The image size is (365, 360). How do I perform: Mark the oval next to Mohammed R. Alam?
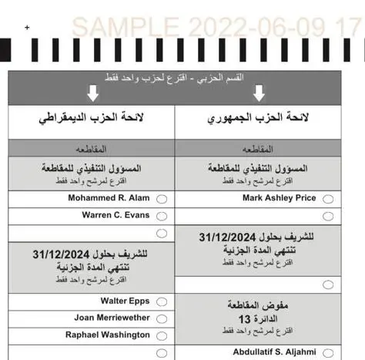[x=161, y=199]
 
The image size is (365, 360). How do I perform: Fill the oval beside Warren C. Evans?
[x=161, y=216]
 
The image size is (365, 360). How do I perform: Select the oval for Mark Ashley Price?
[x=328, y=199]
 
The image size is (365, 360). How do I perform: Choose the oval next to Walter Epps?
[x=161, y=301]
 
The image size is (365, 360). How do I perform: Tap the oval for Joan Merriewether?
[x=161, y=318]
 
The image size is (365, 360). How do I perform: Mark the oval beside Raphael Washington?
[x=161, y=336]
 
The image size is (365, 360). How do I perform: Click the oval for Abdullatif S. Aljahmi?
[x=328, y=353]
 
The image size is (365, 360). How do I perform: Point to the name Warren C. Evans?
[x=116, y=214]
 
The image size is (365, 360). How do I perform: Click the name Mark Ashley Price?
[x=279, y=197]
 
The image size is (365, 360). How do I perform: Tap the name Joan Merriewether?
[x=112, y=317]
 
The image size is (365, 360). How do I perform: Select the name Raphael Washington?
[x=107, y=335]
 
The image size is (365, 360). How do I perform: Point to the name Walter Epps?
[x=125, y=300]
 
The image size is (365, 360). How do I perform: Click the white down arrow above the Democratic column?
[x=93, y=94]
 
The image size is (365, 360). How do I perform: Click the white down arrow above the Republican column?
[x=259, y=94]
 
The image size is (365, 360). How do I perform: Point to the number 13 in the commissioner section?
[x=245, y=318]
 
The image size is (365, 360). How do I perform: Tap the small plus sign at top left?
[x=27, y=28]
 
